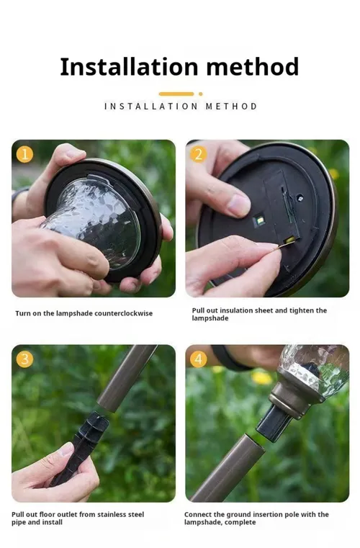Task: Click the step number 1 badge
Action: (x=24, y=154)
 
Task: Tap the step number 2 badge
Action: (x=198, y=154)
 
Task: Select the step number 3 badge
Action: (x=24, y=359)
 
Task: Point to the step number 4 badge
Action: (x=198, y=359)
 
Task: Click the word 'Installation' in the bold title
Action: (x=130, y=66)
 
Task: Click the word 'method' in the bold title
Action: (x=252, y=66)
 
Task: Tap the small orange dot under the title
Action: (x=201, y=94)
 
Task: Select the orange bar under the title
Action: (x=176, y=94)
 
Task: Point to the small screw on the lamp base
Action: (x=300, y=198)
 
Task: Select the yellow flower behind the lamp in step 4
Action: (x=262, y=377)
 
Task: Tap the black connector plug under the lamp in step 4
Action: (x=274, y=421)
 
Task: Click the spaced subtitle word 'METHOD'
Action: (x=231, y=107)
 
